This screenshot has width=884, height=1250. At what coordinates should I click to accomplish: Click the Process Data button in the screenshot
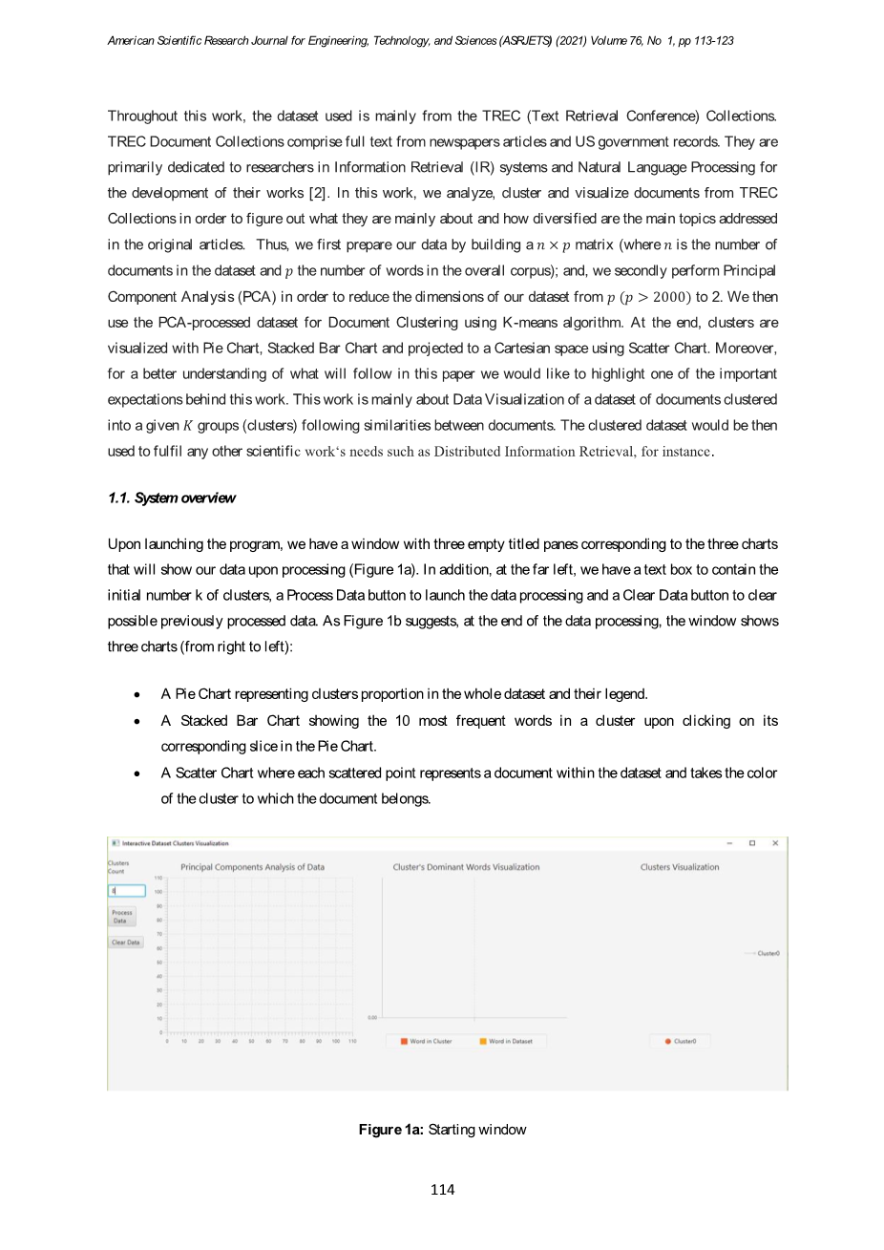pyautogui.click(x=120, y=917)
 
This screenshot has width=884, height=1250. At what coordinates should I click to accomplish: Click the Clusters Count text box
pyautogui.click(x=127, y=891)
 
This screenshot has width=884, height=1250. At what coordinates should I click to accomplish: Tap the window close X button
pyautogui.click(x=775, y=843)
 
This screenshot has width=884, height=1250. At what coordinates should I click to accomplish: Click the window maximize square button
pyautogui.click(x=752, y=843)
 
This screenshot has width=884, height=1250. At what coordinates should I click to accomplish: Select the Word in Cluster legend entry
pyautogui.click(x=426, y=1041)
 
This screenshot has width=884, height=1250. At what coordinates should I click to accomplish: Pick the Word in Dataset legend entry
pyautogui.click(x=506, y=1041)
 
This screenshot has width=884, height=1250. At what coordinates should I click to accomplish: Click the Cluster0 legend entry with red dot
pyautogui.click(x=681, y=1041)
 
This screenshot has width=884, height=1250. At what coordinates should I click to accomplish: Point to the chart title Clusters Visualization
pyautogui.click(x=680, y=867)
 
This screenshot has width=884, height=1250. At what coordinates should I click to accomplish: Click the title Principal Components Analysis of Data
pyautogui.click(x=253, y=867)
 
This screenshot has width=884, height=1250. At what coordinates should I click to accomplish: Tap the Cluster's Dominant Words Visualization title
pyautogui.click(x=466, y=867)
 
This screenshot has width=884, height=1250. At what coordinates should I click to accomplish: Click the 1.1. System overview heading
pyautogui.click(x=171, y=498)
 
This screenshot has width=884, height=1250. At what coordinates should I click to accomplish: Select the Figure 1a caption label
pyautogui.click(x=391, y=1130)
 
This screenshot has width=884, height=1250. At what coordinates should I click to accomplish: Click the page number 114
pyautogui.click(x=442, y=1189)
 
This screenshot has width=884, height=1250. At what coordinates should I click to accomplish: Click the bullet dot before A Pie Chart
pyautogui.click(x=139, y=694)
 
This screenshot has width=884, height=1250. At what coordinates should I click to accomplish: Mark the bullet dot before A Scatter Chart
pyautogui.click(x=139, y=773)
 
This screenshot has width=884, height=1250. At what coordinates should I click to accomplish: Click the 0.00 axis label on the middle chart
pyautogui.click(x=372, y=1018)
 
